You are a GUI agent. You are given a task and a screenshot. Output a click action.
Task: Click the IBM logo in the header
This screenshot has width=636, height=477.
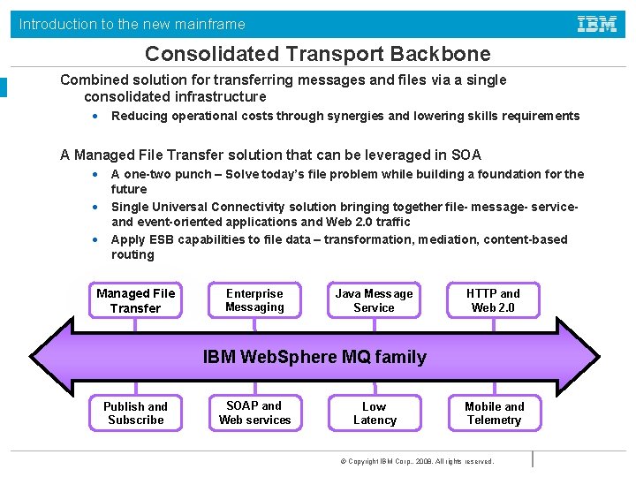coord(597,24)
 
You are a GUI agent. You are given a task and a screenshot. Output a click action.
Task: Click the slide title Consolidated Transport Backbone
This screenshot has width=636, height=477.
coord(317,54)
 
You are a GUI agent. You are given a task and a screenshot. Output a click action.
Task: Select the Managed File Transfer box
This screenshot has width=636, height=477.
coord(136,300)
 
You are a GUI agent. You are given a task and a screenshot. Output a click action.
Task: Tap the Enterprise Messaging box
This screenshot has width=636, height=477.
coord(254,300)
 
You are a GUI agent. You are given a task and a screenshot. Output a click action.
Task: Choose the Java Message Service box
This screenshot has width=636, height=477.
coord(374,300)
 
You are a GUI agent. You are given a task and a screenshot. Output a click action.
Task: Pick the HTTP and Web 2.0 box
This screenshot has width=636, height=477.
coord(493,300)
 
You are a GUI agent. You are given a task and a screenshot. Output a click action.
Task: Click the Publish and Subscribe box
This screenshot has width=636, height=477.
coord(135,413)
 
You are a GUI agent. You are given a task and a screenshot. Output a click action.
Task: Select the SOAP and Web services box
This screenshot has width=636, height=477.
coord(254,413)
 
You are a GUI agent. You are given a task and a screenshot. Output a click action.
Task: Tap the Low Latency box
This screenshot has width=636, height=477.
coord(374,413)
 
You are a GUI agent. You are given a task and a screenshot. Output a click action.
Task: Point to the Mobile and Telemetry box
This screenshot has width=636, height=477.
coord(494,413)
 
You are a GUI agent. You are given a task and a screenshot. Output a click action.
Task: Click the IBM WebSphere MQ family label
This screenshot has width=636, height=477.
coord(314,357)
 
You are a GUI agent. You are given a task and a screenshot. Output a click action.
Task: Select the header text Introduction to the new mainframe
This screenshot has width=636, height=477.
coord(132,25)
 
